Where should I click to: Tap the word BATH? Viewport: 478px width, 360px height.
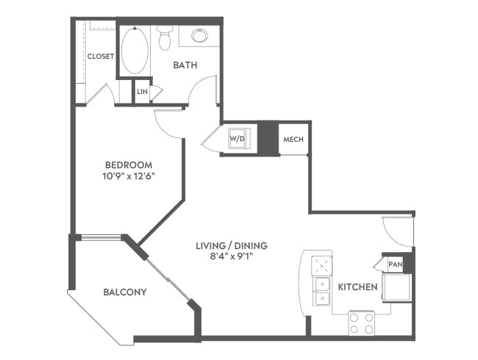(x=185, y=65)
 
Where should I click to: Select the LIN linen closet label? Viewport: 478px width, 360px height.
(x=142, y=92)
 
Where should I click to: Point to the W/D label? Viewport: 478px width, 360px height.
(x=238, y=138)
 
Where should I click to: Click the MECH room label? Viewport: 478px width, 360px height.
(x=293, y=139)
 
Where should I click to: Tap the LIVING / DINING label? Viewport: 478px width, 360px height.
(x=231, y=245)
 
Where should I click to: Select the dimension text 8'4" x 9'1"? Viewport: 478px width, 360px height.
(x=231, y=257)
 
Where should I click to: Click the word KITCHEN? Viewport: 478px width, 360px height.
(x=357, y=287)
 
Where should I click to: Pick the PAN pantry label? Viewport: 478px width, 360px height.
(x=395, y=264)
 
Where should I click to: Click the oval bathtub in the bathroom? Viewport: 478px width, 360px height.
(x=135, y=50)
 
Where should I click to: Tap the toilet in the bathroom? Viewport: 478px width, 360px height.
(x=164, y=37)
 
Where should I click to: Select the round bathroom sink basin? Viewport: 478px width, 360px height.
(x=199, y=35)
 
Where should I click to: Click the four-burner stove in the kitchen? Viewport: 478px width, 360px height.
(x=361, y=323)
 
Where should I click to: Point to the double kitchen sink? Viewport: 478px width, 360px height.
(x=322, y=291)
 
